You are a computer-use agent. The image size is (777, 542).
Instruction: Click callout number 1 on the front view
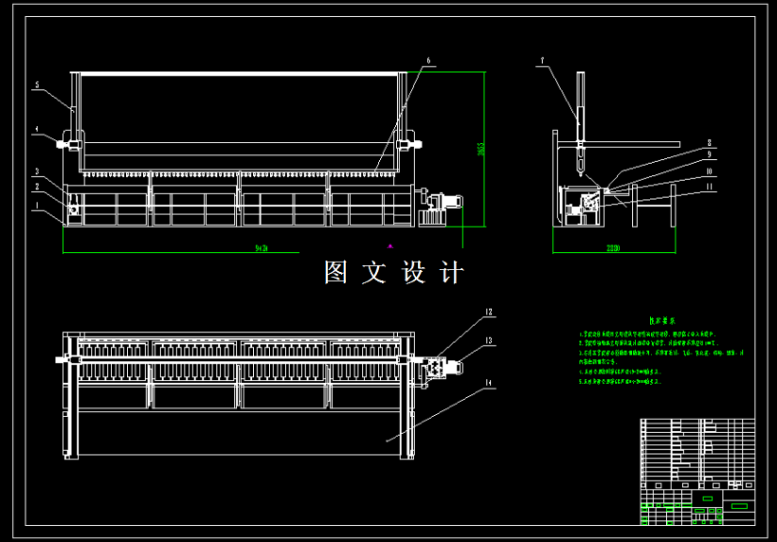36,204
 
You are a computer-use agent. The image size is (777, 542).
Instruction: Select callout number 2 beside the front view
36,188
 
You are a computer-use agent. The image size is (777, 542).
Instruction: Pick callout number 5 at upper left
36,85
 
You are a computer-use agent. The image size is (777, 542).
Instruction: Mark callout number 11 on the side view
708,188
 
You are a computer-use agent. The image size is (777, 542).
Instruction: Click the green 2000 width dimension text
613,248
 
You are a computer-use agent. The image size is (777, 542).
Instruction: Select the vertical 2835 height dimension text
480,150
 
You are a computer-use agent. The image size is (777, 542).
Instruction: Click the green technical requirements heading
660,321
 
